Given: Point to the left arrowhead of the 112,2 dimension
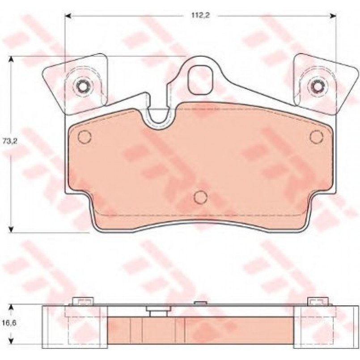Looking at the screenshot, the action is pos(68,16).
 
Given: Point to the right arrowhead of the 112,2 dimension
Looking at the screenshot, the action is pos(333,16).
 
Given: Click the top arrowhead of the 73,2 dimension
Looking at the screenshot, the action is pos(11,59).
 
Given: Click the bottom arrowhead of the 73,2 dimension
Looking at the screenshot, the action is pos(11,229).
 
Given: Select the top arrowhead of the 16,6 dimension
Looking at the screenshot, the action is pos(11,307).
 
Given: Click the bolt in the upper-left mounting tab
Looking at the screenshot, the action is pos(82,87).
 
